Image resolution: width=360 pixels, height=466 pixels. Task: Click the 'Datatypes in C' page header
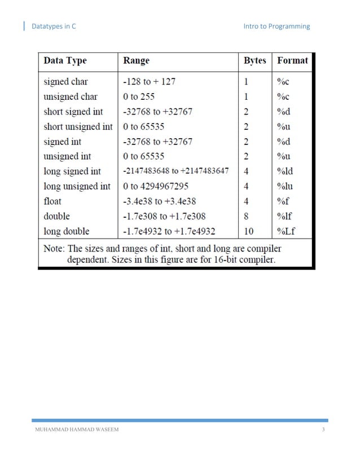pyautogui.click(x=54, y=26)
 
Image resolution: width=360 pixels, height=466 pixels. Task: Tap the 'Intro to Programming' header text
pyautogui.click(x=276, y=26)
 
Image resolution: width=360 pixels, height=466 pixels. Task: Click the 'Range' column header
pyautogui.click(x=136, y=60)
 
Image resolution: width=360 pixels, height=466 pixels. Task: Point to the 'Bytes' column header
pyautogui.click(x=254, y=60)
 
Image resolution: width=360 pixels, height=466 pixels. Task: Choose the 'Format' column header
pyautogui.click(x=292, y=60)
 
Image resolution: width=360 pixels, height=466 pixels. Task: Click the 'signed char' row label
pyautogui.click(x=65, y=81)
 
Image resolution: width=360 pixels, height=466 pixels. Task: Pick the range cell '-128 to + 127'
pyautogui.click(x=149, y=81)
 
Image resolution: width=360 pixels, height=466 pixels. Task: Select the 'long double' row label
pyautogui.click(x=66, y=231)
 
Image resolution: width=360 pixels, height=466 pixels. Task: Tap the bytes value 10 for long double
pyautogui.click(x=249, y=231)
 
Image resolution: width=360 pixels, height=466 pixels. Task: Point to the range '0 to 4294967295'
pyautogui.click(x=155, y=186)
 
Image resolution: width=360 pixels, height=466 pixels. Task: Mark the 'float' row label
pyautogui.click(x=52, y=201)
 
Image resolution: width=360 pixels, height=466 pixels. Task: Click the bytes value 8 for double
pyautogui.click(x=246, y=216)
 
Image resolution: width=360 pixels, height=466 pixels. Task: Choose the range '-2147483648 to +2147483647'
pyautogui.click(x=175, y=171)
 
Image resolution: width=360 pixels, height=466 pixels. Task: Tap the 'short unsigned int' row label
pyautogui.click(x=78, y=126)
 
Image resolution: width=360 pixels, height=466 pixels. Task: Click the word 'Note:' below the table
pyautogui.click(x=55, y=248)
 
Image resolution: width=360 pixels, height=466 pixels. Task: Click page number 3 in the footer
pyautogui.click(x=323, y=430)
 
